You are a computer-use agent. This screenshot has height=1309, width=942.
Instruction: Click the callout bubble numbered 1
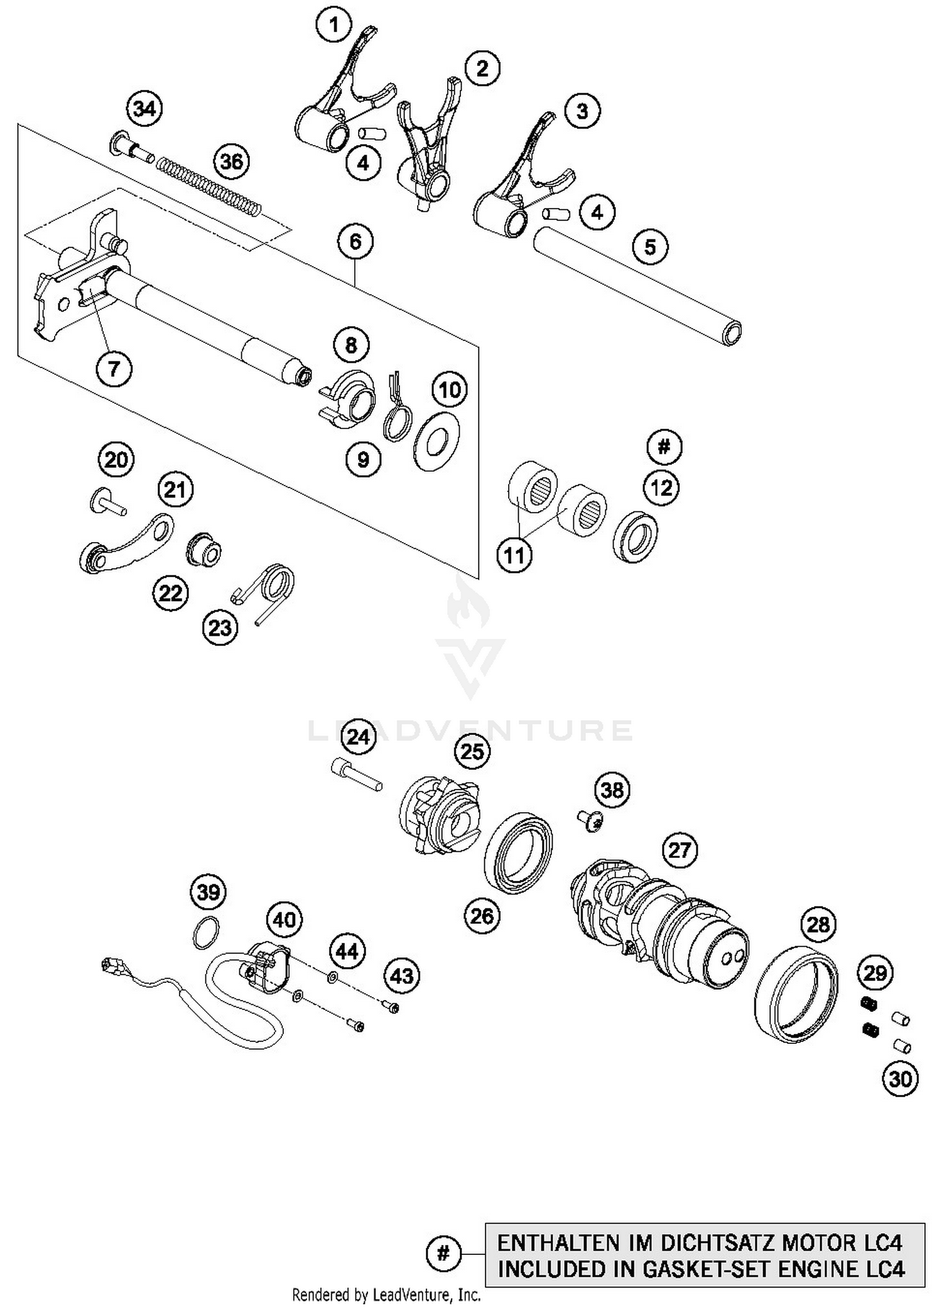point(334,25)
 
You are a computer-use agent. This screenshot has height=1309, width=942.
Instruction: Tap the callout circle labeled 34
point(144,109)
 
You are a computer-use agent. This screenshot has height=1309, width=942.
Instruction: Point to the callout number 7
point(114,369)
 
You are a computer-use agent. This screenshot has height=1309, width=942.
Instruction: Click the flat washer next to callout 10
point(436,444)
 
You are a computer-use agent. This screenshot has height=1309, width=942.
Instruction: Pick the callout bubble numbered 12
point(661,487)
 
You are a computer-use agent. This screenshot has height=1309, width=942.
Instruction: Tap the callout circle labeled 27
point(679,850)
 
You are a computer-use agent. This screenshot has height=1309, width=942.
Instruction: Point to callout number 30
point(900,1079)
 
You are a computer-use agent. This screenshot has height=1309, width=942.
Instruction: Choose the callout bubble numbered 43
point(402,976)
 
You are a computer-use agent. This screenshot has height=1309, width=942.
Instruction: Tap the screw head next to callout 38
point(588,820)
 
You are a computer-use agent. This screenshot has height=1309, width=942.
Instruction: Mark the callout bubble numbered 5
point(650,246)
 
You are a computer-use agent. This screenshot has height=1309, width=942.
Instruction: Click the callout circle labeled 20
point(117,460)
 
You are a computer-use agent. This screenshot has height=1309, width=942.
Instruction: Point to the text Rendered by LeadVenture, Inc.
point(386,1295)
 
